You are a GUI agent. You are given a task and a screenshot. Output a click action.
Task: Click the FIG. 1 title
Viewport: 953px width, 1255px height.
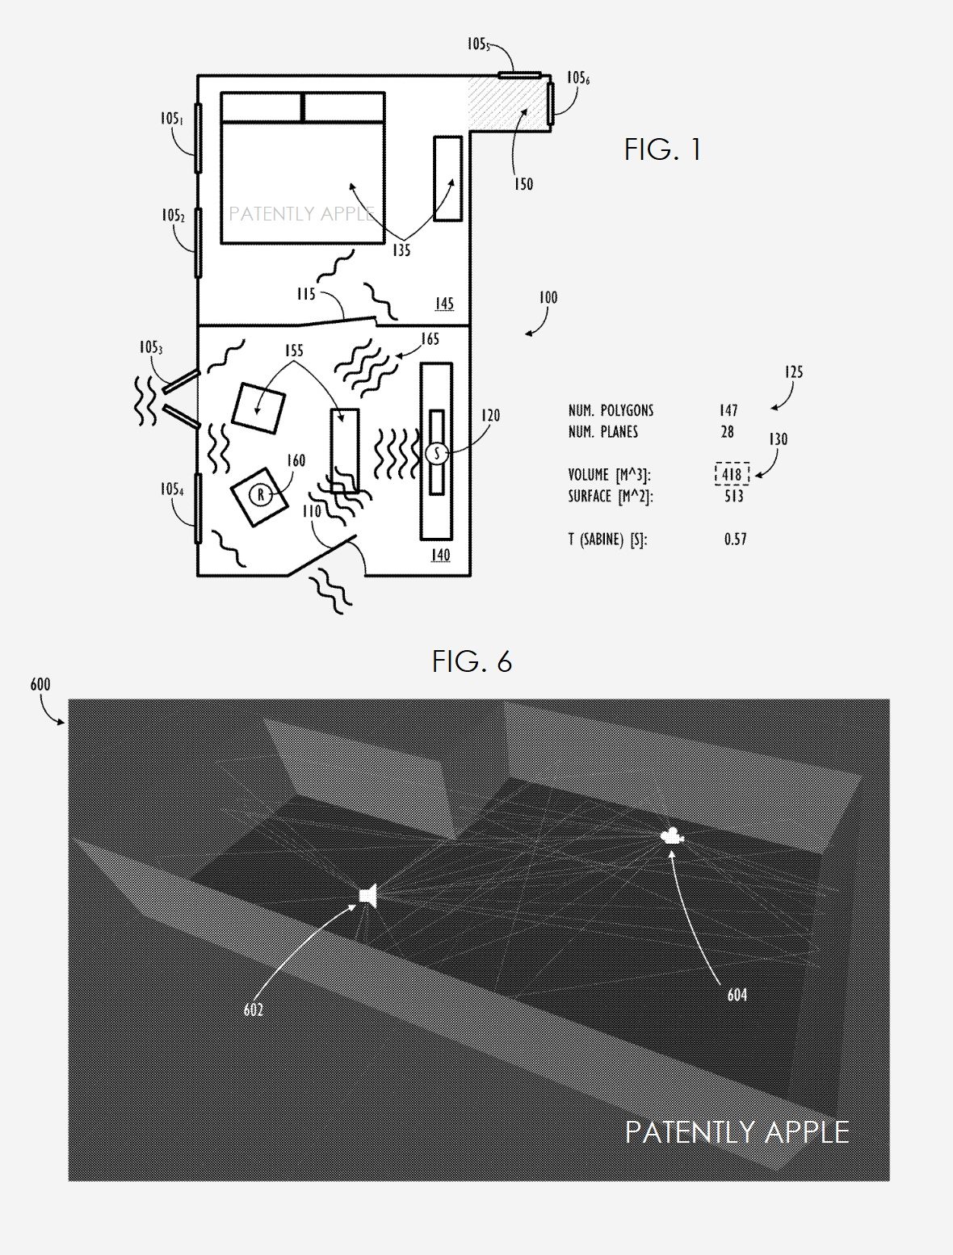tap(662, 149)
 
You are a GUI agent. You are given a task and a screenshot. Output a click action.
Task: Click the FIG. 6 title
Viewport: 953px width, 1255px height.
tap(472, 661)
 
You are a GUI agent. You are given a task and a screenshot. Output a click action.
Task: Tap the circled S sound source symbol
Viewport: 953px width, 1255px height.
tap(437, 453)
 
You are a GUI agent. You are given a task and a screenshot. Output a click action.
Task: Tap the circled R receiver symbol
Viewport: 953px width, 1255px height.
tap(259, 494)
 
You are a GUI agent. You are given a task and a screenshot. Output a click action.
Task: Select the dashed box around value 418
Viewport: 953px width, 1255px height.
tap(732, 474)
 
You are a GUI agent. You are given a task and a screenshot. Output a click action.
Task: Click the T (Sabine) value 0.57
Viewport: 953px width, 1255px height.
tap(735, 539)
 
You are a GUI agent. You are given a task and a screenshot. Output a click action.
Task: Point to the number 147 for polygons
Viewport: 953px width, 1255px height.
tap(728, 410)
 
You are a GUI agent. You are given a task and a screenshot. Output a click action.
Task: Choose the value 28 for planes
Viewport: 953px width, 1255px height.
tap(727, 432)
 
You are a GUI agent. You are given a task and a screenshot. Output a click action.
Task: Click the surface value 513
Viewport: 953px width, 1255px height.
tap(733, 496)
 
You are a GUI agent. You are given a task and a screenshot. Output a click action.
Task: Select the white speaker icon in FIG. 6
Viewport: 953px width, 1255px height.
tap(369, 896)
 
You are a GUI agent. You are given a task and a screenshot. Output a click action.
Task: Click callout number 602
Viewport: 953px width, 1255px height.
tap(254, 1009)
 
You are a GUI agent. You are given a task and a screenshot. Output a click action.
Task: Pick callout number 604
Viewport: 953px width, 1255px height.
tap(737, 995)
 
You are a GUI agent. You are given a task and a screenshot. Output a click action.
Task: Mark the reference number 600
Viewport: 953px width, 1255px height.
tap(40, 685)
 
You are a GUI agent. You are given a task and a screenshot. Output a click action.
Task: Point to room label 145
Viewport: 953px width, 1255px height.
tap(444, 304)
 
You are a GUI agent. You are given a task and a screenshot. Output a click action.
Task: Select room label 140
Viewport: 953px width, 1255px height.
tap(440, 555)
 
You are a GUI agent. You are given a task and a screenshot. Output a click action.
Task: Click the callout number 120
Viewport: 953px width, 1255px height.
tap(490, 415)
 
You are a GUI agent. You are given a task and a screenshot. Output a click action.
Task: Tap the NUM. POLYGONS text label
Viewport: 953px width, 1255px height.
tap(611, 410)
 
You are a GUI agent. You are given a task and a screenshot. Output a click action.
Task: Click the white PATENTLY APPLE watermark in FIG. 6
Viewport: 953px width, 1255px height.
tap(737, 1132)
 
